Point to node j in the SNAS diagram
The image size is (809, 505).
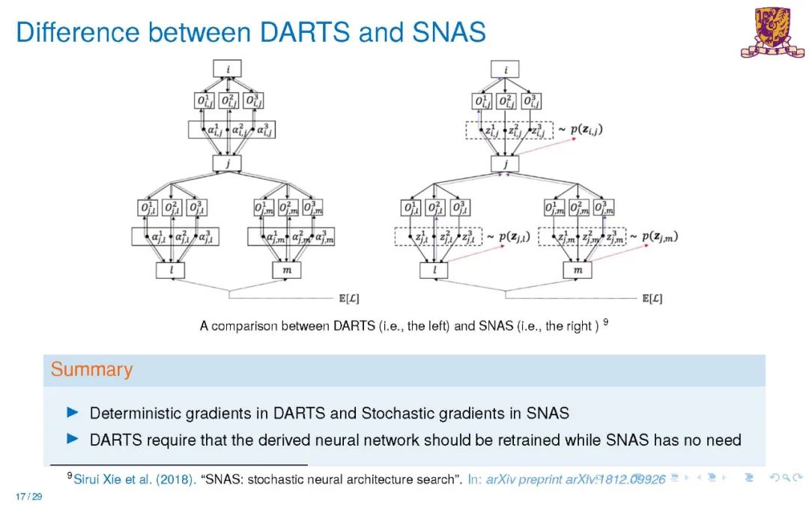tap(506, 163)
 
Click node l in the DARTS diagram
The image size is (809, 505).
tap(172, 270)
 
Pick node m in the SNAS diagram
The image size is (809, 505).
tap(577, 270)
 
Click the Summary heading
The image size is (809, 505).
tap(91, 369)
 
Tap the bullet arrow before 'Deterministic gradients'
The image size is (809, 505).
tap(73, 412)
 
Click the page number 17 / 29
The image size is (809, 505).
tap(28, 496)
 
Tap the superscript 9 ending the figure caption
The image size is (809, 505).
tap(605, 323)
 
